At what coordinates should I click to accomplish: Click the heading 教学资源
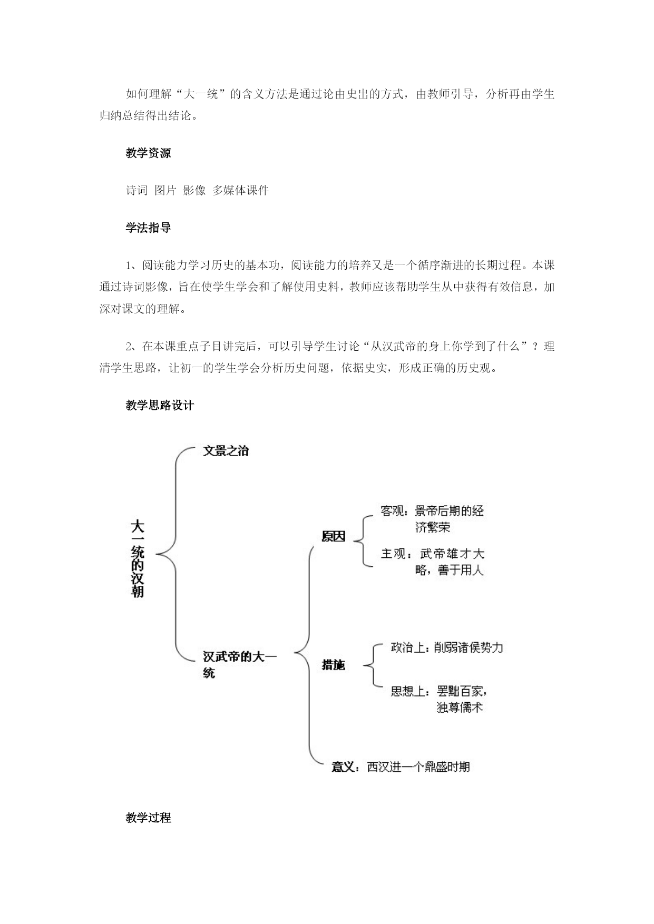pyautogui.click(x=148, y=153)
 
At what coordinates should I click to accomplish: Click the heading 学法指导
pyautogui.click(x=148, y=228)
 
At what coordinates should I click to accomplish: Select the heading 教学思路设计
pyautogui.click(x=160, y=405)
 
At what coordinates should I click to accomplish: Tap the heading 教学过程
pyautogui.click(x=148, y=818)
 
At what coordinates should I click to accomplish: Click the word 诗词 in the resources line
pyautogui.click(x=137, y=190)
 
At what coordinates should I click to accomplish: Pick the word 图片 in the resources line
pyautogui.click(x=165, y=190)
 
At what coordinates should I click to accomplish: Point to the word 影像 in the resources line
pyautogui.click(x=194, y=190)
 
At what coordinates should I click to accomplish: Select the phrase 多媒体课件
pyautogui.click(x=241, y=190)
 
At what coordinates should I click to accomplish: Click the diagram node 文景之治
pyautogui.click(x=226, y=451)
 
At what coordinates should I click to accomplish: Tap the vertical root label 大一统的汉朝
pyautogui.click(x=138, y=558)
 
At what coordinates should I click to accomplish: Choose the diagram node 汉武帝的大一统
pyautogui.click(x=240, y=665)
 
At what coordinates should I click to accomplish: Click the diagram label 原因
pyautogui.click(x=333, y=536)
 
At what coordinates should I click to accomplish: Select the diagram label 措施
pyautogui.click(x=333, y=665)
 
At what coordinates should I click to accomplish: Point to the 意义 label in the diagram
pyautogui.click(x=343, y=766)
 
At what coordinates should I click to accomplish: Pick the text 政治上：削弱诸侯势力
pyautogui.click(x=447, y=647)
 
